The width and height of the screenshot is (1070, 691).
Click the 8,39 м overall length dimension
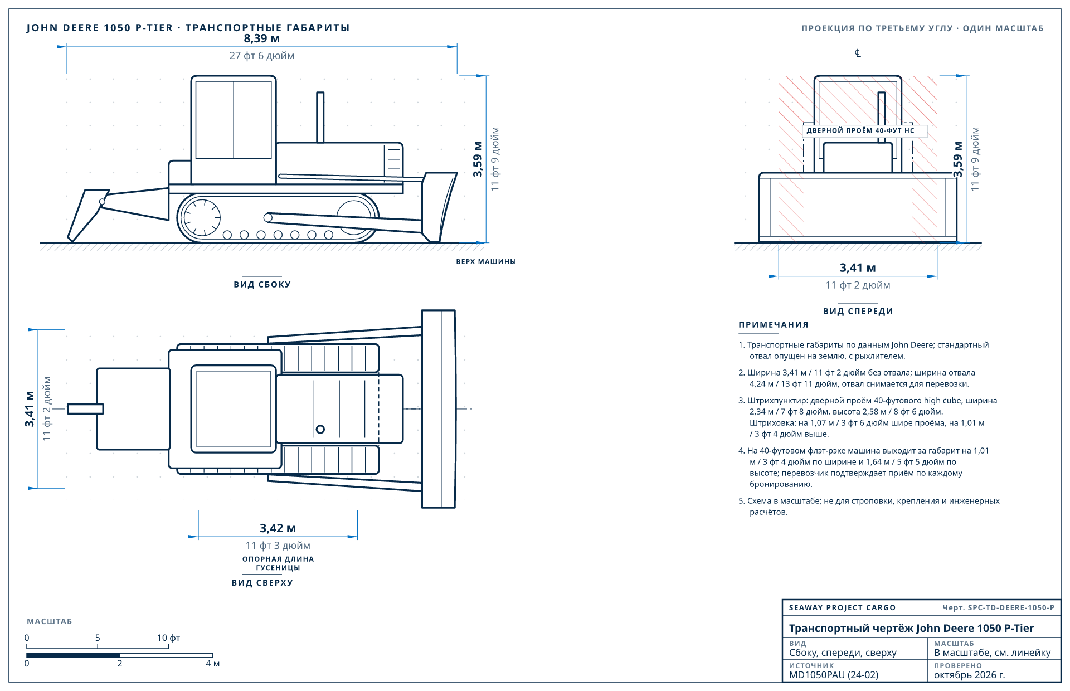pyautogui.click(x=262, y=38)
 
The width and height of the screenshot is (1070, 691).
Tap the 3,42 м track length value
pyautogui.click(x=278, y=528)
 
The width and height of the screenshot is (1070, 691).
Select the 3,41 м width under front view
pyautogui.click(x=858, y=268)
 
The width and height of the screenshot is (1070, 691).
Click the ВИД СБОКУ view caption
pyautogui.click(x=262, y=284)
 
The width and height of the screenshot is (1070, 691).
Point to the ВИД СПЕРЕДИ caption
pyautogui.click(x=858, y=311)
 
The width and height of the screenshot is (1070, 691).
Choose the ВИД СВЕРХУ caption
pyautogui.click(x=262, y=583)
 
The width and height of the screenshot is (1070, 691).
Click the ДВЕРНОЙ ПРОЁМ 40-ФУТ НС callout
pyautogui.click(x=860, y=130)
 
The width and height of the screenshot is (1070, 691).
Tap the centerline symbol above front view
pyautogui.click(x=858, y=53)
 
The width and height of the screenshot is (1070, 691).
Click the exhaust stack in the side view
pyautogui.click(x=320, y=117)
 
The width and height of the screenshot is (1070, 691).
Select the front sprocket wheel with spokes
pyautogui.click(x=202, y=217)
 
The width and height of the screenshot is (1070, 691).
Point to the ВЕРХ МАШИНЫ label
pyautogui.click(x=486, y=261)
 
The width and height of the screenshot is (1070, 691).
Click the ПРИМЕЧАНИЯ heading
pyautogui.click(x=774, y=325)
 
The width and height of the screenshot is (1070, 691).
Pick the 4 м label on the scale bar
pyautogui.click(x=212, y=664)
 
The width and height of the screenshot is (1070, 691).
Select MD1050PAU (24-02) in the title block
pyautogui.click(x=834, y=675)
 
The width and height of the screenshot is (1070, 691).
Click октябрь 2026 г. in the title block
pyautogui.click(x=970, y=675)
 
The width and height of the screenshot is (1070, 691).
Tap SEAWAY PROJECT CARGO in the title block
pyautogui.click(x=842, y=607)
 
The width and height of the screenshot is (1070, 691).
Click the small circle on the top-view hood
pyautogui.click(x=320, y=429)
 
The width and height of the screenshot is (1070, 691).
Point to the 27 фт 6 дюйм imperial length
pyautogui.click(x=262, y=56)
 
